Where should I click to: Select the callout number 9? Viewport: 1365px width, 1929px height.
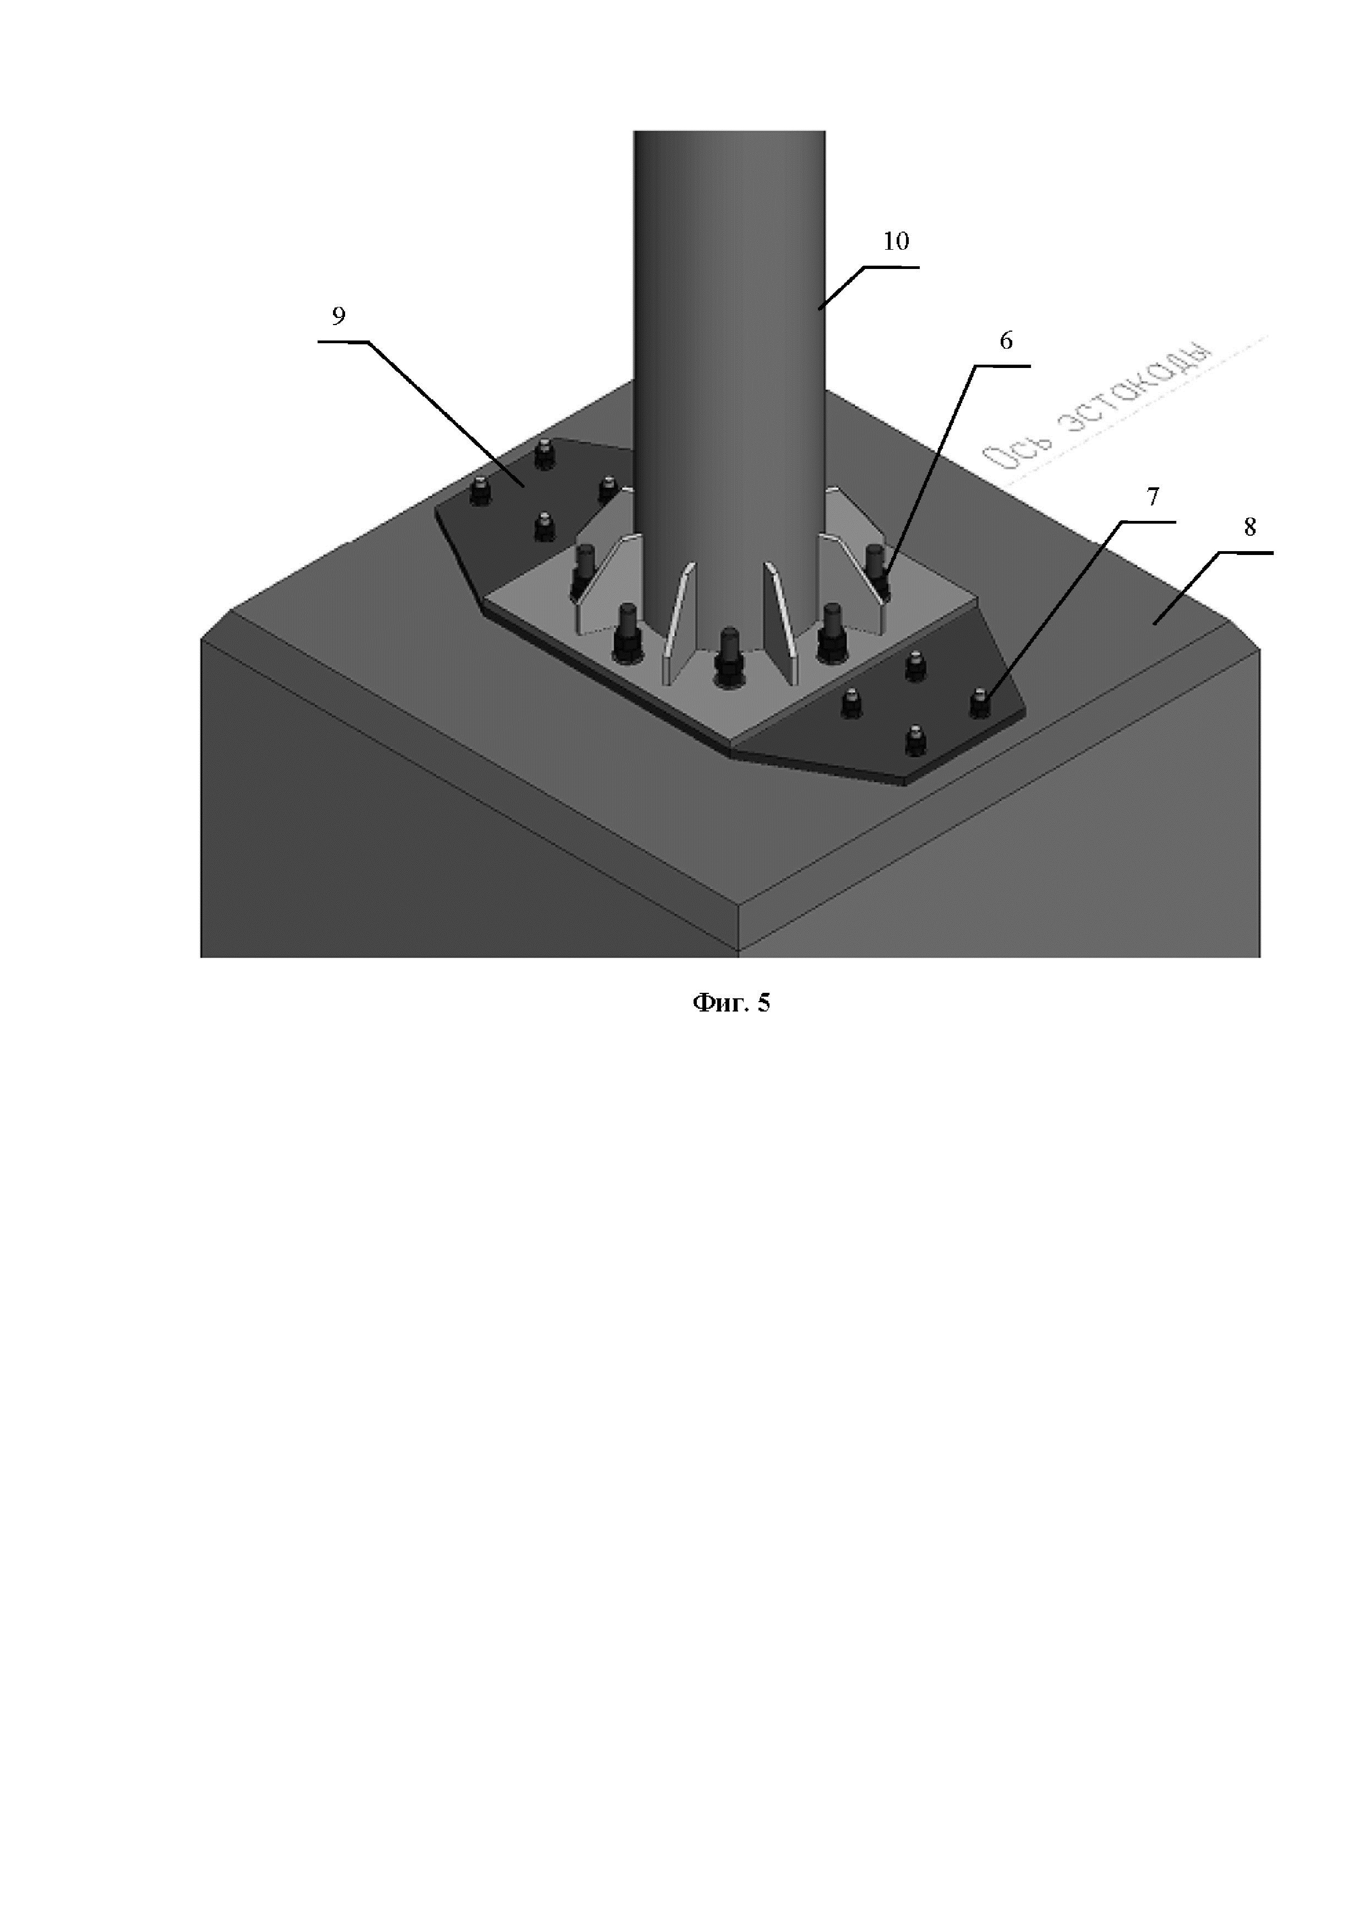click(x=338, y=317)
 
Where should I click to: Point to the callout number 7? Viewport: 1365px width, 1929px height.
click(x=1153, y=497)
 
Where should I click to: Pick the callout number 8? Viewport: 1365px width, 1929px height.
click(x=1250, y=527)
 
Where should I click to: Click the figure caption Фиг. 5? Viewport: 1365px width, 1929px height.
click(x=730, y=1002)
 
